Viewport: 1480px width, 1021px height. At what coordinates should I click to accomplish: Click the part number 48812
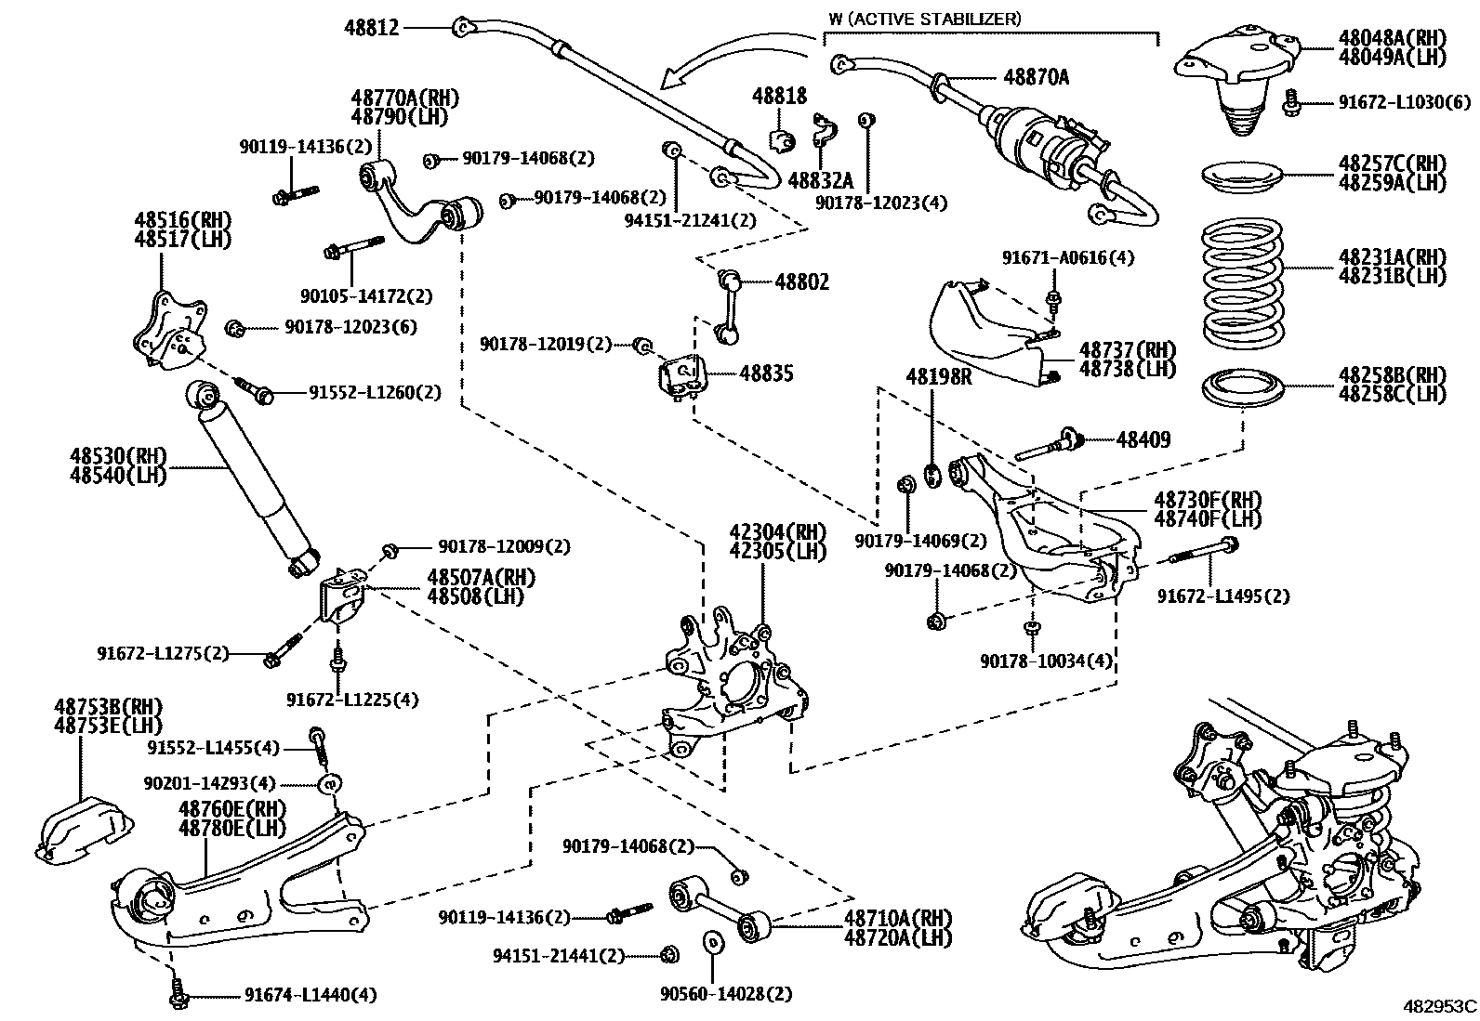pyautogui.click(x=372, y=28)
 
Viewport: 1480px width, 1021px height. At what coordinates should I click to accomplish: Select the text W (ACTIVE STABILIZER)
pyautogui.click(x=925, y=18)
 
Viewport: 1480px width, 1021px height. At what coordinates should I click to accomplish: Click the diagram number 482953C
pyautogui.click(x=1440, y=1005)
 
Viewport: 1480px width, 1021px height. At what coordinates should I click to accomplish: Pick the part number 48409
pyautogui.click(x=1143, y=439)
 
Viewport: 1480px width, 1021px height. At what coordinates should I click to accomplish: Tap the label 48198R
pyautogui.click(x=939, y=377)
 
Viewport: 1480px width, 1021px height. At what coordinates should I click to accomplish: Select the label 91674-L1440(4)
pyautogui.click(x=311, y=995)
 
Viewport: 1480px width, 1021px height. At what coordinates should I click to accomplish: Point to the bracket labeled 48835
pyautogui.click(x=682, y=377)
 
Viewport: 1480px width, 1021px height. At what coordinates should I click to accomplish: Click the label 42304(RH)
pyautogui.click(x=777, y=532)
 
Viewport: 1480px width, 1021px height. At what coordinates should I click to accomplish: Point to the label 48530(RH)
pyautogui.click(x=118, y=456)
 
